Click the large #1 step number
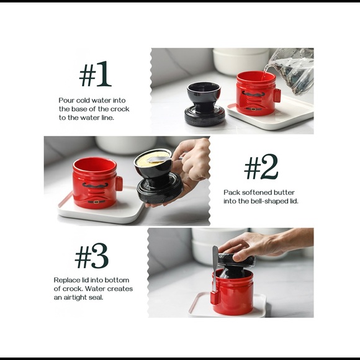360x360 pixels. tap(96, 74)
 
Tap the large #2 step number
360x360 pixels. tap(261, 166)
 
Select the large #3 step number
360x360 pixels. tap(92, 256)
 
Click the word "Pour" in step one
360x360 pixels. tap(66, 101)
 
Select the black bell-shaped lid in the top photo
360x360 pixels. tap(203, 104)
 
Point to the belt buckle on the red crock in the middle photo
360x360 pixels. tap(96, 202)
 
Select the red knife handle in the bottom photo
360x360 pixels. tap(214, 297)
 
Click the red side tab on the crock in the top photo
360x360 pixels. tap(277, 95)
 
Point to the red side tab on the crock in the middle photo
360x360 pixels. tap(119, 184)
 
